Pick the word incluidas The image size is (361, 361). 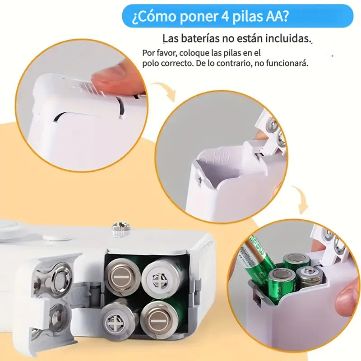pyautogui.click(x=287, y=39)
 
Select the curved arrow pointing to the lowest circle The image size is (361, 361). pyautogui.click(x=299, y=199)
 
